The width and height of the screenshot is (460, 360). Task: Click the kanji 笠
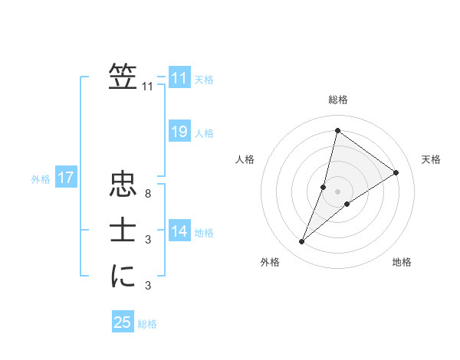(123, 77)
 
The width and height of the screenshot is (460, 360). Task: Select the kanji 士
(123, 231)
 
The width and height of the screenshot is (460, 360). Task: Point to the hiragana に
(123, 276)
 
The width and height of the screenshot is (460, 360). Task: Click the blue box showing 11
(179, 79)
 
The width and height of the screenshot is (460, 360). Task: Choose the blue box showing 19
(179, 132)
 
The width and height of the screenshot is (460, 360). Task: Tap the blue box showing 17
(65, 178)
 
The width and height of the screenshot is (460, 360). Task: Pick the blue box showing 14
(179, 231)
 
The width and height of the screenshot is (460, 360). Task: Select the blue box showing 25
(123, 322)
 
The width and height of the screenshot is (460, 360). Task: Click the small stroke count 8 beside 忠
(148, 195)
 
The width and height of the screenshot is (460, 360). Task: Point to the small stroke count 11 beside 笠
(148, 87)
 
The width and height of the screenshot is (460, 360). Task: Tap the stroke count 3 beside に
(148, 286)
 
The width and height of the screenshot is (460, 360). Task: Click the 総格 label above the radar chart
(337, 100)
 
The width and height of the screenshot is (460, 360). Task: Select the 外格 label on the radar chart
(270, 262)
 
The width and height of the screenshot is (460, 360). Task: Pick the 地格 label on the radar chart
(402, 262)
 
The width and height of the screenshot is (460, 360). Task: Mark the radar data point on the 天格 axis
(396, 172)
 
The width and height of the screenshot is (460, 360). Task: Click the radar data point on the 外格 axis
(302, 242)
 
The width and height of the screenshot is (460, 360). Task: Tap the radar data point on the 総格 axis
(337, 130)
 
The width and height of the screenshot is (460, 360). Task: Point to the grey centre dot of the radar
(337, 191)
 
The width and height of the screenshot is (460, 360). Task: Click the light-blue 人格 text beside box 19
(204, 133)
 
